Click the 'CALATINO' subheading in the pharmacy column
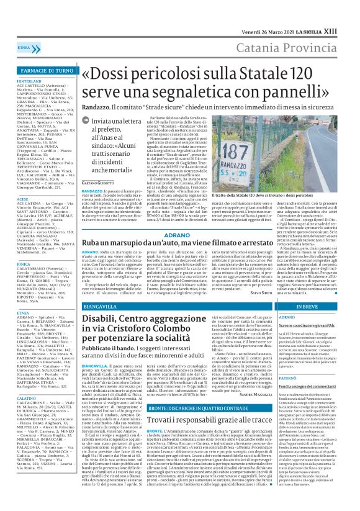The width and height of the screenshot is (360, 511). pos(28,415)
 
